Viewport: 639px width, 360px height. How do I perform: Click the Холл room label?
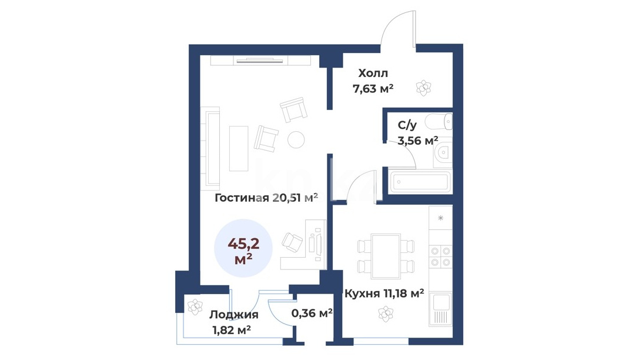coord(373,74)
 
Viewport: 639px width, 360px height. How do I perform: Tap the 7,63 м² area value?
coord(373,88)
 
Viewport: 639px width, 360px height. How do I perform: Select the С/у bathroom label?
coord(407,125)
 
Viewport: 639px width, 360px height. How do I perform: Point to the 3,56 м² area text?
coord(418,141)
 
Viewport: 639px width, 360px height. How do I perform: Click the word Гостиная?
coord(242,198)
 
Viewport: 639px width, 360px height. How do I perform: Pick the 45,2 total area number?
coord(243,244)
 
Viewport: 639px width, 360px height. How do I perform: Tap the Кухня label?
coord(362,293)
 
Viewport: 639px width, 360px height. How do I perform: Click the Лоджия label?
coord(234,315)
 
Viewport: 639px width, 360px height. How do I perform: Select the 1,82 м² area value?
coord(232,330)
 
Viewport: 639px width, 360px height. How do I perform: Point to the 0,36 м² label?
coord(312,313)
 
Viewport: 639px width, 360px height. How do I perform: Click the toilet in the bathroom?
coord(439,122)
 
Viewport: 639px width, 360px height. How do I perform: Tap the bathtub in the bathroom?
coord(420,181)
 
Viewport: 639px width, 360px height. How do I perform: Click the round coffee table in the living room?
coord(296,139)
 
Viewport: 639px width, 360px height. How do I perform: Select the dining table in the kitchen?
coord(385,256)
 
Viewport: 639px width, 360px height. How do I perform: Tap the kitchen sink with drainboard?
coord(440,309)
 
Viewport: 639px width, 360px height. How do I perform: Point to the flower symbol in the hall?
coord(423,88)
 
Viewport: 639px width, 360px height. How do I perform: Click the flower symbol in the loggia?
coord(195,307)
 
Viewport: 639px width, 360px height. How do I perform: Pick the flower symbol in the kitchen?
coord(386,314)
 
